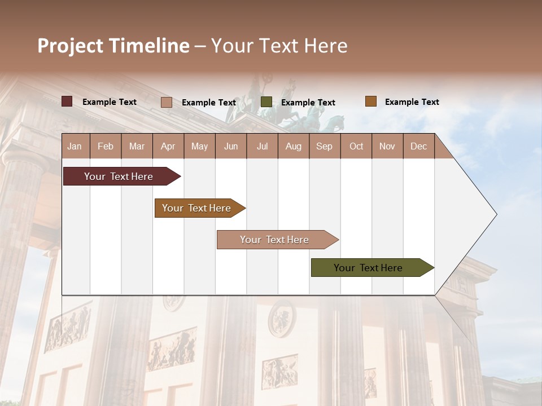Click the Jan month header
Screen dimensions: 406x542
point(75,146)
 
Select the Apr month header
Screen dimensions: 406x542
point(168,146)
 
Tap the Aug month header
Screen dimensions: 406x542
point(293,146)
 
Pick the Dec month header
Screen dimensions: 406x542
point(418,146)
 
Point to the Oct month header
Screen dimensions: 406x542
point(356,146)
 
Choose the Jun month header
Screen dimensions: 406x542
point(231,146)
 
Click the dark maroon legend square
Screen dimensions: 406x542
point(67,101)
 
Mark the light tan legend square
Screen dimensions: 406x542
point(167,102)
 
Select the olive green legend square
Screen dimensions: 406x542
point(266,102)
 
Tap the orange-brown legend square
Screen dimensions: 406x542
point(370,101)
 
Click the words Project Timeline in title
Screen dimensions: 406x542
point(113,46)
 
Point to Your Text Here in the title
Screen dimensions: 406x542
point(279,46)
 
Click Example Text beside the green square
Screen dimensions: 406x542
point(308,103)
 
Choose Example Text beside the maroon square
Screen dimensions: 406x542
point(109,102)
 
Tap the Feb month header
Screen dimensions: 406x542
point(106,146)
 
